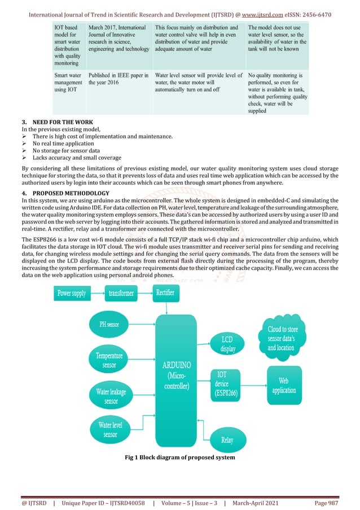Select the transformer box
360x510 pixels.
pos(121,294)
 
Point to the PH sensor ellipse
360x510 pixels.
pos(109,325)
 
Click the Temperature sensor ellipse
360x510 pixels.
pos(109,360)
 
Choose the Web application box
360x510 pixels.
pos(284,386)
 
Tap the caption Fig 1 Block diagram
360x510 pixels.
pos(179,457)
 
